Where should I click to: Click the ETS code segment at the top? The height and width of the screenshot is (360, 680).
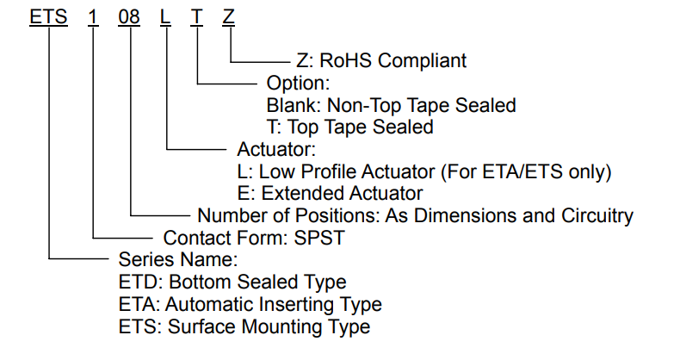pyautogui.click(x=48, y=17)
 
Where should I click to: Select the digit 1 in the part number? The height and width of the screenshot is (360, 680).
pyautogui.click(x=93, y=17)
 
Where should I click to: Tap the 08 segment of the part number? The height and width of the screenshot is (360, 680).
pyautogui.click(x=129, y=17)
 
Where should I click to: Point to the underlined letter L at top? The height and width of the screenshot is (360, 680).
pyautogui.click(x=165, y=17)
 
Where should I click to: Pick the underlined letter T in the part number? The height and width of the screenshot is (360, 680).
pyautogui.click(x=196, y=17)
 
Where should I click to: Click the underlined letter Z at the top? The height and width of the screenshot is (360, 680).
pyautogui.click(x=229, y=17)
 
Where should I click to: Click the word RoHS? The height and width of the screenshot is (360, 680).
pyautogui.click(x=346, y=61)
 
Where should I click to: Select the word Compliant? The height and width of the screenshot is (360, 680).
pyautogui.click(x=422, y=61)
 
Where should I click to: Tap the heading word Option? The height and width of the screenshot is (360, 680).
pyautogui.click(x=298, y=84)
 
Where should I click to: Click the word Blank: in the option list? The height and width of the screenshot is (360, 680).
pyautogui.click(x=294, y=105)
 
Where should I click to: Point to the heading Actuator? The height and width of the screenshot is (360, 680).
pyautogui.click(x=276, y=150)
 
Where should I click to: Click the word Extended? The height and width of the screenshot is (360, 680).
pyautogui.click(x=303, y=194)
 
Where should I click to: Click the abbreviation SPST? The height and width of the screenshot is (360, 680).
pyautogui.click(x=319, y=238)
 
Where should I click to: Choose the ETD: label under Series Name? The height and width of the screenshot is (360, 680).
pyautogui.click(x=140, y=282)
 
